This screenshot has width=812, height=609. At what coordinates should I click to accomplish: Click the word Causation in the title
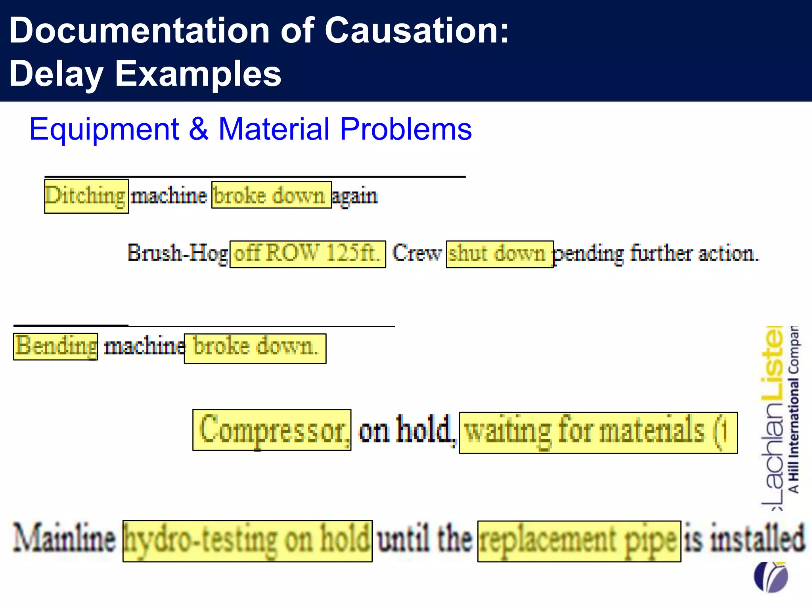point(416,31)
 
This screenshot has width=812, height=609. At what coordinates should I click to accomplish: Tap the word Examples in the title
point(198,74)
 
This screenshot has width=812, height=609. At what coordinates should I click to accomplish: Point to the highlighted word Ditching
point(86,196)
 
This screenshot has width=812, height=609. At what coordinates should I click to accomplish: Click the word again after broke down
point(354,196)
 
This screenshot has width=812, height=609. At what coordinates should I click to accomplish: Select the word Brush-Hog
point(177,253)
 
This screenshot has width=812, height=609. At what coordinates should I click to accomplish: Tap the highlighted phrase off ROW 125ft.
point(307,254)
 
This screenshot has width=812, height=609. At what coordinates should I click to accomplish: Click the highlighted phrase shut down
point(499,254)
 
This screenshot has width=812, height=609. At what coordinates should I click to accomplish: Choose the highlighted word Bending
point(56,346)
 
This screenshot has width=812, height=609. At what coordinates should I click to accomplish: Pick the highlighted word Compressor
point(272,430)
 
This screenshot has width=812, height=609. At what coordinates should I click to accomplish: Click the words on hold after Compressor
point(405,430)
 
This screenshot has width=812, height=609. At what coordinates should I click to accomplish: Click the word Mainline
point(64,539)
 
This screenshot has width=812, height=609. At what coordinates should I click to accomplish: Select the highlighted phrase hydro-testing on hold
point(247,541)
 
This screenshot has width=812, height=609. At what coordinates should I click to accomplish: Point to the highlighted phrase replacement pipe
point(579,541)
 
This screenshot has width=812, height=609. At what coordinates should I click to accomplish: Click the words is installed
point(745,539)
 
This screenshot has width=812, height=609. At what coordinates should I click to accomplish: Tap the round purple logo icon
point(770,576)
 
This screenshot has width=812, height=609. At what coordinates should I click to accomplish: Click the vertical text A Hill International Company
point(793,408)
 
